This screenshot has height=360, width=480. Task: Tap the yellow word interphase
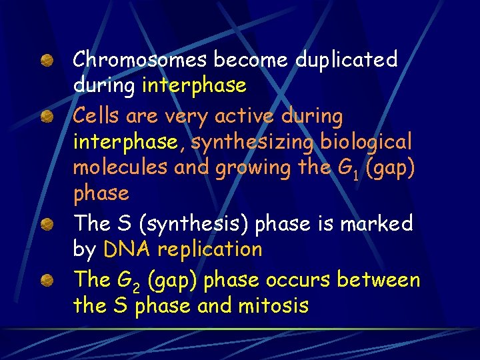(x=195, y=86)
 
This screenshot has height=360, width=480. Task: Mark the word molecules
(x=121, y=168)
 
